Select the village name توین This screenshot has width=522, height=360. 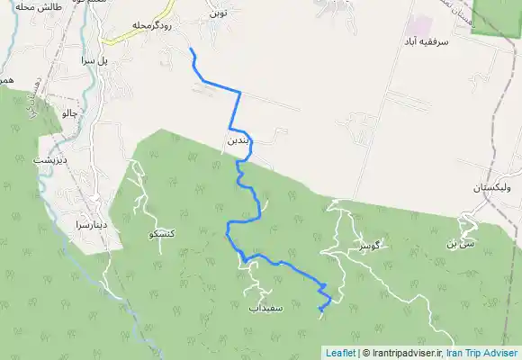pos(218,14)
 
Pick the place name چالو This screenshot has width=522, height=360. pos(68,114)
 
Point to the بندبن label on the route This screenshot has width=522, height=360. pos(234,141)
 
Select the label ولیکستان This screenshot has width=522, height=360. pos(492,191)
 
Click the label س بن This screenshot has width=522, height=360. pos(459,244)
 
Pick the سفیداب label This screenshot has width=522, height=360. pos(266,308)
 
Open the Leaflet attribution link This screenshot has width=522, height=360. pos(340,354)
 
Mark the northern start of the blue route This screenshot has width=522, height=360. pos(191,49)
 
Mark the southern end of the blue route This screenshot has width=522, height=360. pos(320,311)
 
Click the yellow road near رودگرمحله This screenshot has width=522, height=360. pos(113,40)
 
